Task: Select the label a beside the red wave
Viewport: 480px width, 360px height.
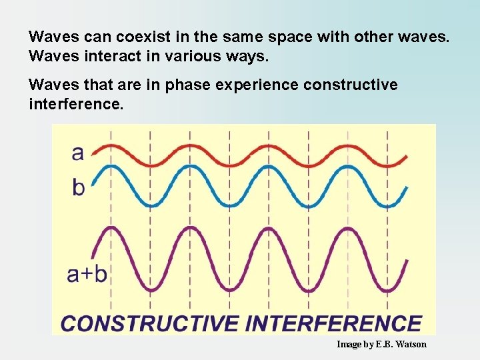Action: pos(78,153)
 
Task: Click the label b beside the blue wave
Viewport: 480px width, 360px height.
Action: pos(79,187)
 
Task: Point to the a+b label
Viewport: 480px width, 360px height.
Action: pos(87,274)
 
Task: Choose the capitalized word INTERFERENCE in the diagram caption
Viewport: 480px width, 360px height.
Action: pos(333,323)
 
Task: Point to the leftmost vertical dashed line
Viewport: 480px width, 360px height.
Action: pos(111,220)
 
